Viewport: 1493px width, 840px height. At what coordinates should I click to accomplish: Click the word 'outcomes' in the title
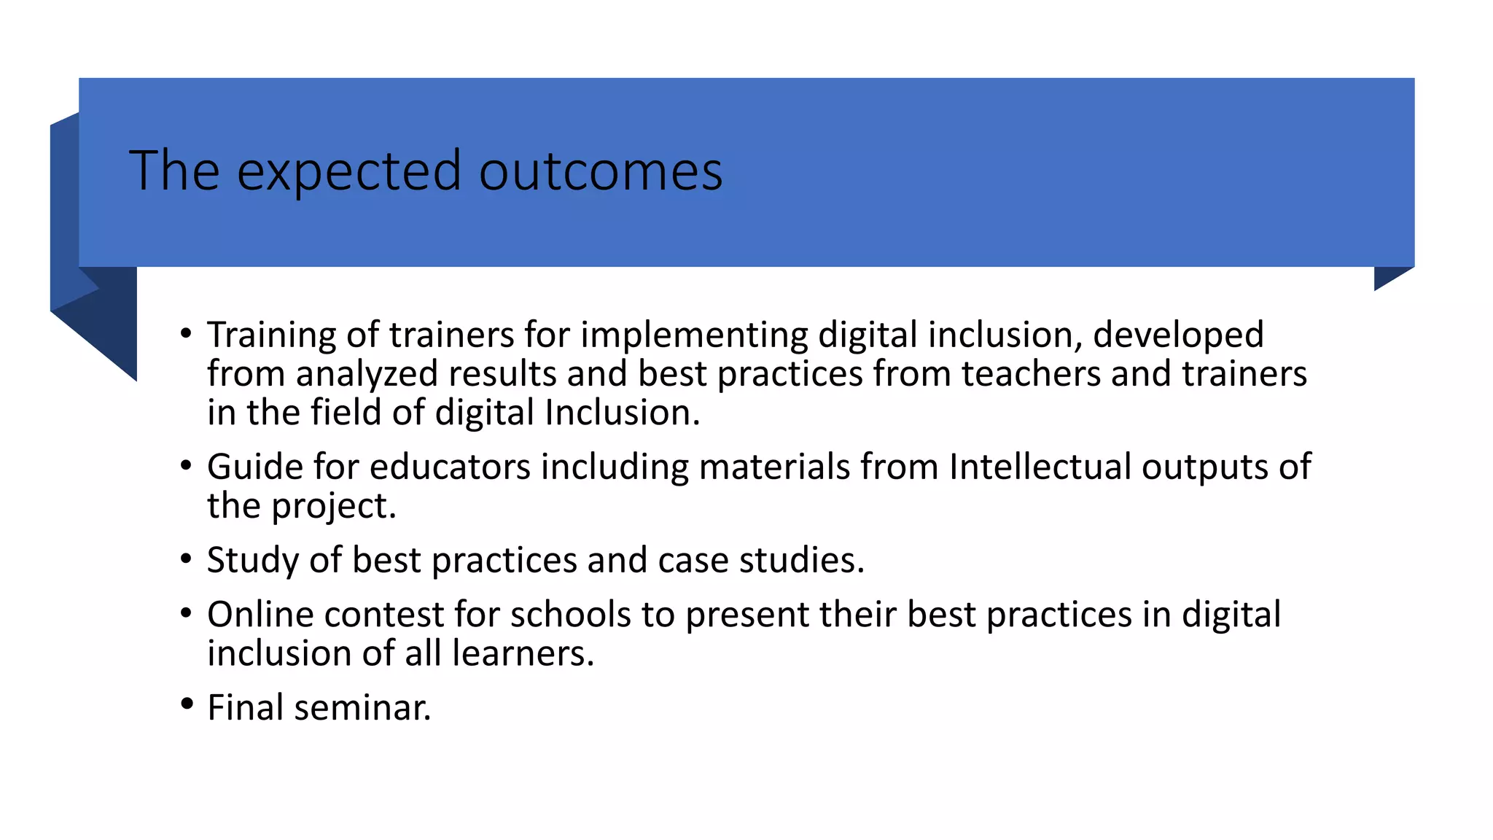click(600, 171)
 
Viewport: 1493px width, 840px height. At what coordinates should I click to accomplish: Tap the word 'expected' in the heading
click(349, 172)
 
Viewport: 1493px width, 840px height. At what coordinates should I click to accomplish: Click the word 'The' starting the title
click(174, 171)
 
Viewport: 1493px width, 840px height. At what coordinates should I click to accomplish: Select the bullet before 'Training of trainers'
click(187, 335)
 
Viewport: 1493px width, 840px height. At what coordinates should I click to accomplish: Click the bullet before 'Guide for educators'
click(187, 466)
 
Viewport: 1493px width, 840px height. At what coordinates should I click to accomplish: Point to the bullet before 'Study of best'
click(187, 559)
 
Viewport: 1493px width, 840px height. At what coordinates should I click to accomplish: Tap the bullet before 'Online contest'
click(187, 614)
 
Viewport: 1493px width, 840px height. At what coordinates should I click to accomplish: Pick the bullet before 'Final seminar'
click(187, 705)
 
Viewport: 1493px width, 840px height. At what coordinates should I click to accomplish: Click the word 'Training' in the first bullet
click(271, 335)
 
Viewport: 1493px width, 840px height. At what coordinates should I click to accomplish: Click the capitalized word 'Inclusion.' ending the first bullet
click(622, 412)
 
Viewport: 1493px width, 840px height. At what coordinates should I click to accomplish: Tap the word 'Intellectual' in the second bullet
click(1040, 467)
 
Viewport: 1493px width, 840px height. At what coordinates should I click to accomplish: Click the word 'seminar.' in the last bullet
click(362, 707)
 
